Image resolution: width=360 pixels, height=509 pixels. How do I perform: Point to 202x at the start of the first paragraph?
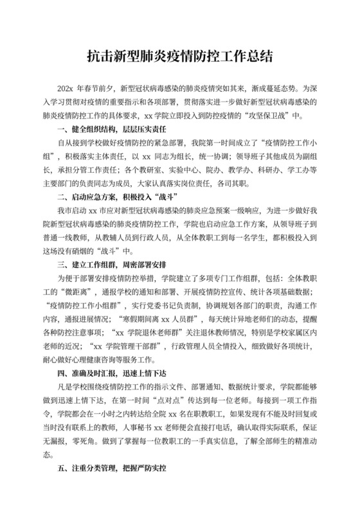pos(66,87)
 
